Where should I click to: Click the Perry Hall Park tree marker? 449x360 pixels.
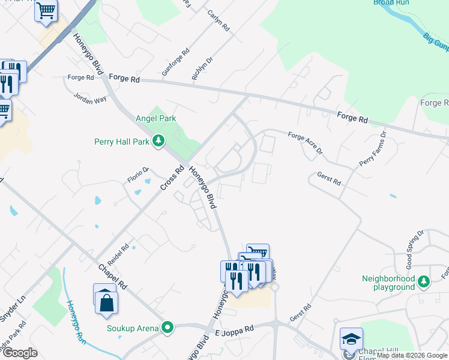(158, 141)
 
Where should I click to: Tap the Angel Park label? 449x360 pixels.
(156, 118)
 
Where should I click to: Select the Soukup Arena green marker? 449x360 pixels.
(167, 328)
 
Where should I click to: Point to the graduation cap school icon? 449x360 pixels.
(351, 340)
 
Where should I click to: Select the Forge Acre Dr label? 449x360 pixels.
(306, 142)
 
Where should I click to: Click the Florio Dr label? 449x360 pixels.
(137, 174)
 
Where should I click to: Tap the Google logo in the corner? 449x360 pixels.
(20, 353)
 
